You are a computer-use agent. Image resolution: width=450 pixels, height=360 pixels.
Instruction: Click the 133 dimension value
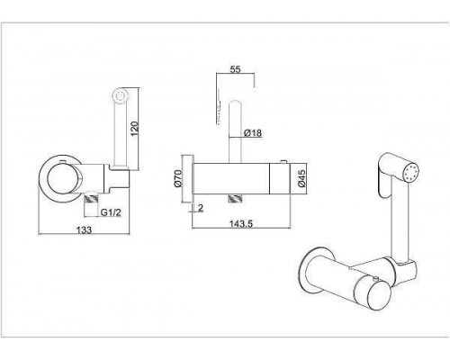click(85, 230)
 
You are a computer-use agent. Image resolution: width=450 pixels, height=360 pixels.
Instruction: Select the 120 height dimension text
click(135, 128)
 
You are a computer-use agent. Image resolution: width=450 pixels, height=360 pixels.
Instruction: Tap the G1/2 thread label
click(111, 212)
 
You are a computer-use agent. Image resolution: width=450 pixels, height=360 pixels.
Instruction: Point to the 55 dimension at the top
click(235, 69)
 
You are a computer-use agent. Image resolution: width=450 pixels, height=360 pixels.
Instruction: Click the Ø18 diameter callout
click(253, 132)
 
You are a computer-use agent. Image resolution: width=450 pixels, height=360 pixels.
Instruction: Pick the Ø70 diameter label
click(177, 178)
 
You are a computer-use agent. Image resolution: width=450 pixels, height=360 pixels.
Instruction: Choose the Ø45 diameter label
click(301, 178)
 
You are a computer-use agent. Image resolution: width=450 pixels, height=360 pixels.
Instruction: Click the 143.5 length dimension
click(241, 224)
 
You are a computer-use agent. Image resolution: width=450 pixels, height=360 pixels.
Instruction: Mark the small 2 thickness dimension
click(201, 208)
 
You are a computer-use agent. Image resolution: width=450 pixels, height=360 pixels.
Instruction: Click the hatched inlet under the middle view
click(235, 199)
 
